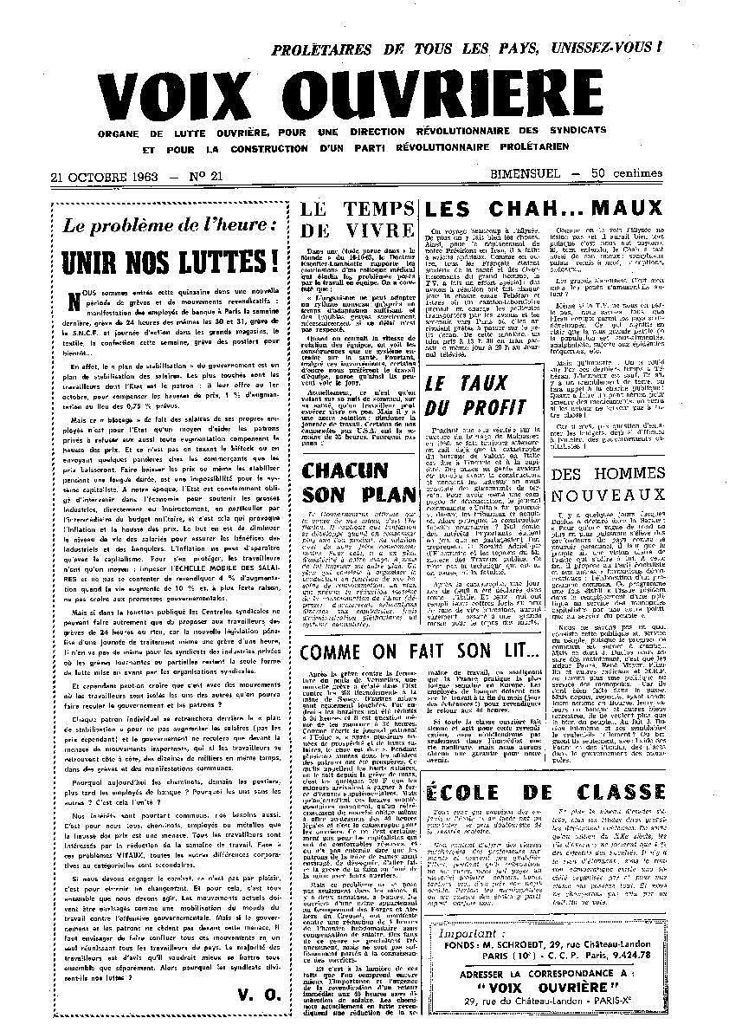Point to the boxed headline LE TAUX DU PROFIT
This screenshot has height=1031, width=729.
(x=475, y=395)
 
